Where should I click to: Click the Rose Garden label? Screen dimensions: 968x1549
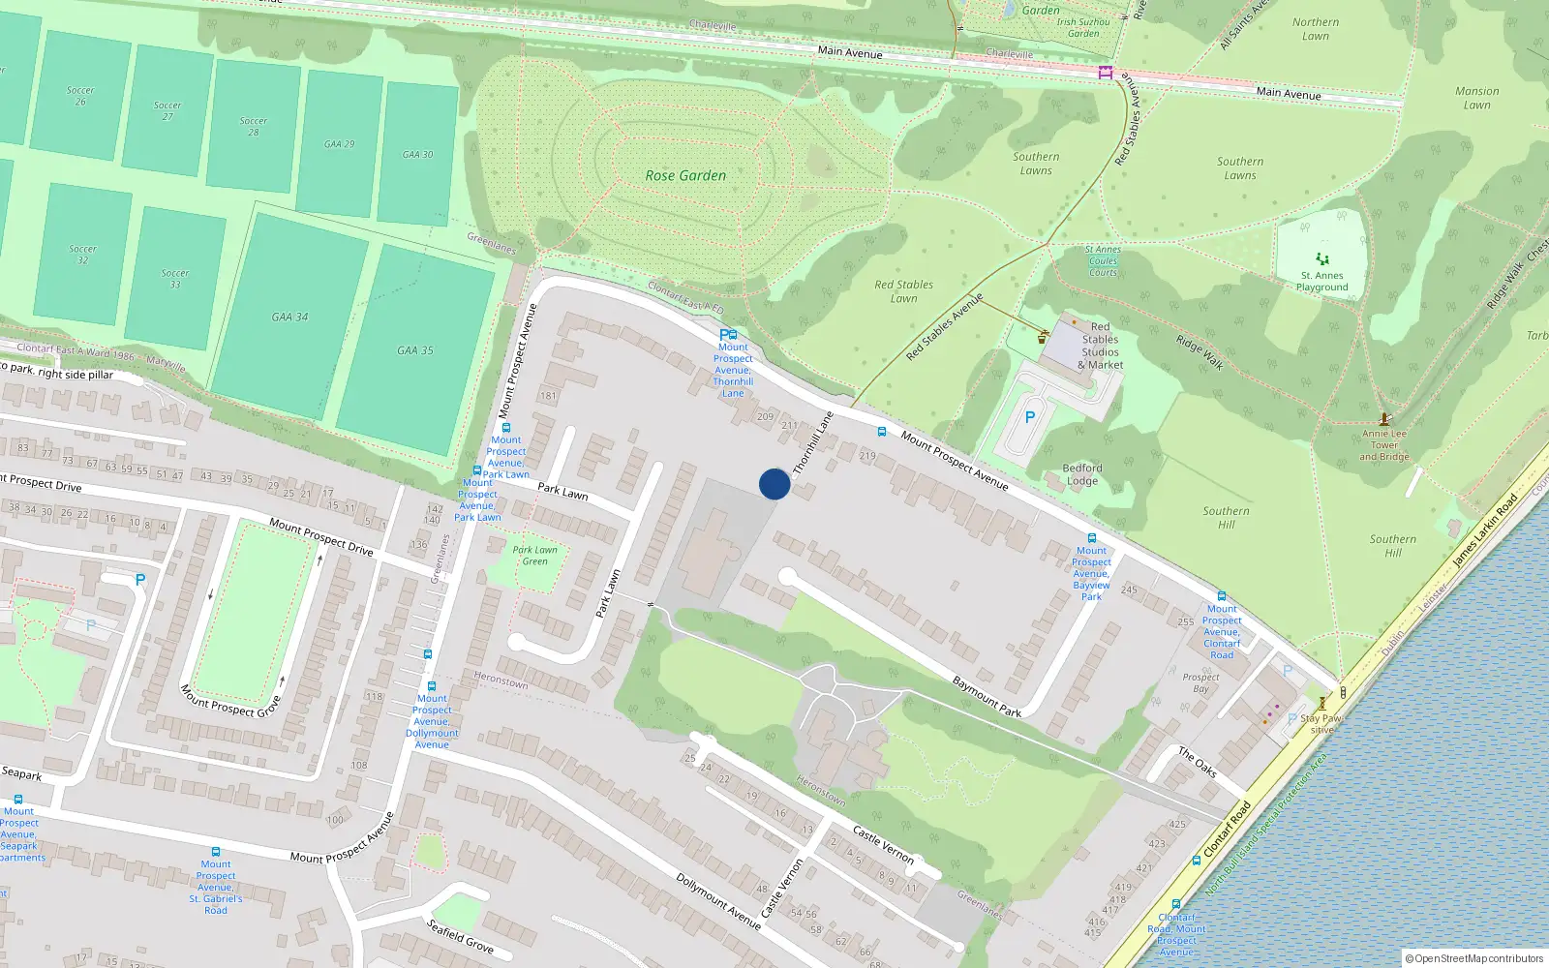(685, 175)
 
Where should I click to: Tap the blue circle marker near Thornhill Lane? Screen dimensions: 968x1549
(774, 484)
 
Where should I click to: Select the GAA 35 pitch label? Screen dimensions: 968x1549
(415, 350)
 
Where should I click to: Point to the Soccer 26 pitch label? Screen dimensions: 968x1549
(80, 96)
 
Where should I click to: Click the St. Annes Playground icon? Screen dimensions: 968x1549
(1322, 259)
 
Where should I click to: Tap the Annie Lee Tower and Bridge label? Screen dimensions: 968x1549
(1384, 445)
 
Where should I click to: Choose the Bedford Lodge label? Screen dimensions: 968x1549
(1082, 474)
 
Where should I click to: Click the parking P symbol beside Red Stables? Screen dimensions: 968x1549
(1030, 417)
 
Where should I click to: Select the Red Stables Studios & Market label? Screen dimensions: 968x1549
(1101, 346)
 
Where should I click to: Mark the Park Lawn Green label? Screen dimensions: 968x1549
(535, 556)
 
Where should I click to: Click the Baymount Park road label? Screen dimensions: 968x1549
(987, 696)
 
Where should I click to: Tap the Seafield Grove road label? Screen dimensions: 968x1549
(461, 935)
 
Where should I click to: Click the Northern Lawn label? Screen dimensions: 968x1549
(1316, 29)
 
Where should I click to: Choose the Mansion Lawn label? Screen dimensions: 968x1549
(1477, 98)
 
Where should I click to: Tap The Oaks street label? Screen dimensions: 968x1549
(1198, 762)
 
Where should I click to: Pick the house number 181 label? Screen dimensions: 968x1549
(549, 396)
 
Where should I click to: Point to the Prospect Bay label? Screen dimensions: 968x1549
(1200, 682)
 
